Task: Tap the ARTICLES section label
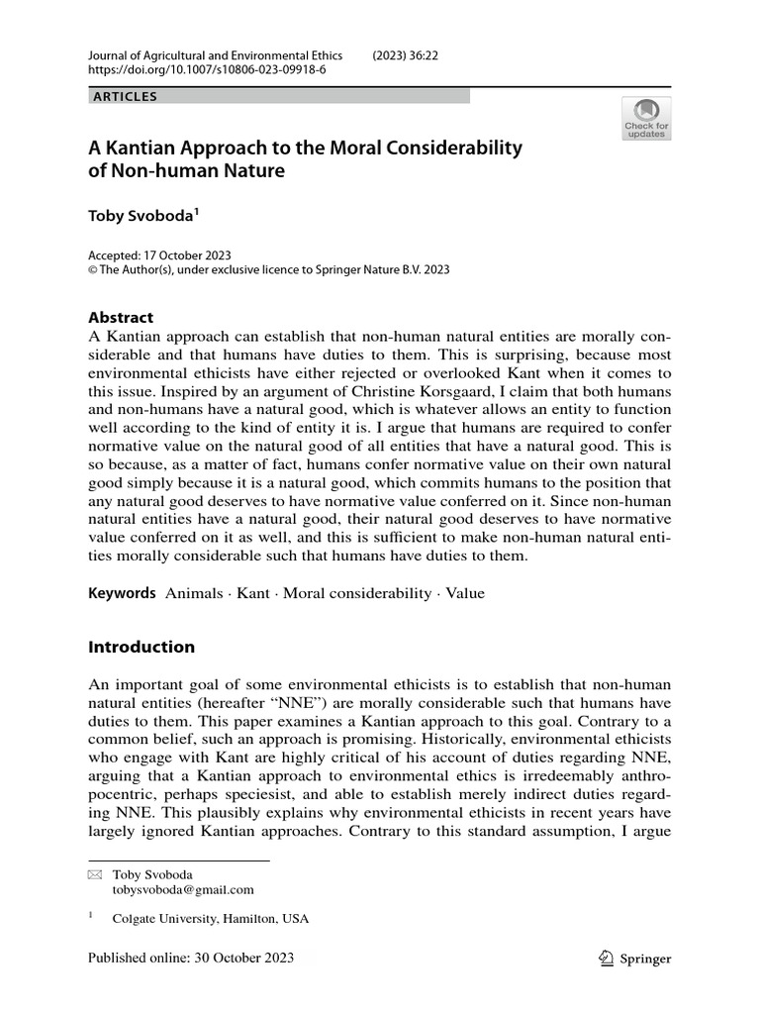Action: (124, 97)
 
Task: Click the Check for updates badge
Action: (645, 119)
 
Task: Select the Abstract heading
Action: (121, 318)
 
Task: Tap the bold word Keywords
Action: (122, 593)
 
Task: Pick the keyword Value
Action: (465, 593)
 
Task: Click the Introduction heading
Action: (142, 648)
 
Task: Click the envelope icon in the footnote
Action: (94, 875)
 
